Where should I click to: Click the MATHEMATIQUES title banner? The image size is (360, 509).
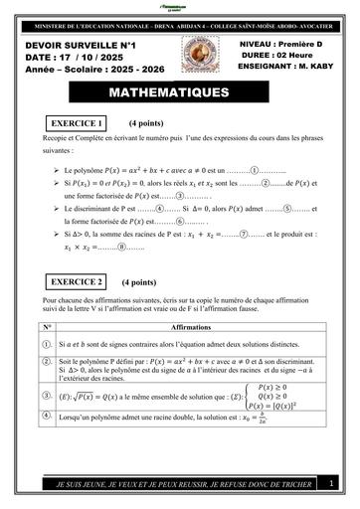(179, 93)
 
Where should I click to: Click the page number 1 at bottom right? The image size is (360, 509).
(330, 483)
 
